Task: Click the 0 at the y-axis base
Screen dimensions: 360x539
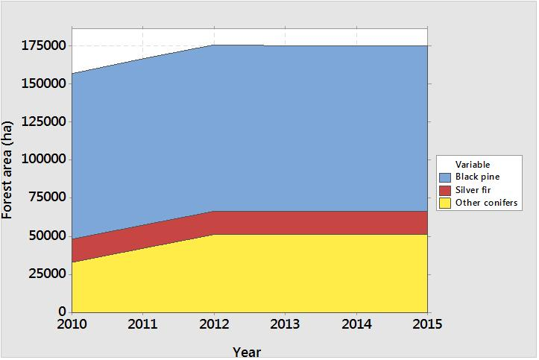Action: click(63, 312)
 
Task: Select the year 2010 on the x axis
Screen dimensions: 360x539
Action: click(72, 324)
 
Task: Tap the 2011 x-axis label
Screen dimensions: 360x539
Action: click(143, 324)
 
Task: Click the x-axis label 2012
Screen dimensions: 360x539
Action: click(215, 324)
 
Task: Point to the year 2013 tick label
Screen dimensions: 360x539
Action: click(286, 324)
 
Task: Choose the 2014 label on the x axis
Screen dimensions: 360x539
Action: click(356, 324)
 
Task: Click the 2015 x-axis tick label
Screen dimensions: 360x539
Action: click(427, 324)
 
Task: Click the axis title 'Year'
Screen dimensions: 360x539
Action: click(247, 352)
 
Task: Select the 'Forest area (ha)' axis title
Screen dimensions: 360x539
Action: click(8, 170)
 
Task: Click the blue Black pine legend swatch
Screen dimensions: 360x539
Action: click(445, 177)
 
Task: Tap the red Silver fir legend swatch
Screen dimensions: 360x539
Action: click(445, 190)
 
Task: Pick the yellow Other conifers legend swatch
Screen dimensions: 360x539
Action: click(445, 203)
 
